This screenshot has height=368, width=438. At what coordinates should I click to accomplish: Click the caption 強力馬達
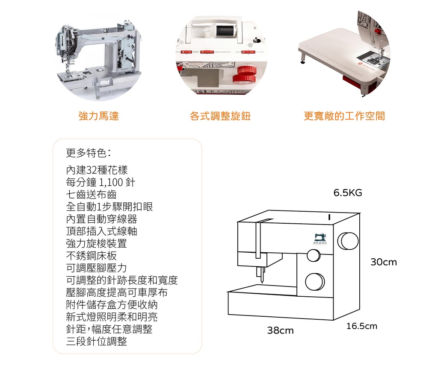(x=99, y=116)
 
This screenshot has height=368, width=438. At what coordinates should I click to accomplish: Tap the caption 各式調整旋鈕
(x=220, y=116)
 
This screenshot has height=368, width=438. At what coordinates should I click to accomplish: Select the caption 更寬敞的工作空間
(x=344, y=116)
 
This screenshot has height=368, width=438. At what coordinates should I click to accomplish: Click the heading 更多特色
(x=89, y=153)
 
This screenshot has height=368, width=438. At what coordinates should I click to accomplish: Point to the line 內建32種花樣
(x=97, y=170)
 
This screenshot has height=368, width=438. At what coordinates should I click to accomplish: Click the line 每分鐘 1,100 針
(x=101, y=182)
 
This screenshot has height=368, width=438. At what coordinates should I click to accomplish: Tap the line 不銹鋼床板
(x=92, y=256)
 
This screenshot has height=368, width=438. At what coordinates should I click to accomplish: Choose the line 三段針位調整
(x=97, y=342)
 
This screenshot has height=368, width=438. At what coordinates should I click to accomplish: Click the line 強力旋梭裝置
(x=97, y=244)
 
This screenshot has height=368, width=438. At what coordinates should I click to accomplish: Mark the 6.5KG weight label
(x=348, y=193)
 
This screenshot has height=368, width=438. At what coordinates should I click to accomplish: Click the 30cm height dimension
(x=383, y=262)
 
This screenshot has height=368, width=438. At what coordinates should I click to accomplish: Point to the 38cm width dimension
(x=280, y=330)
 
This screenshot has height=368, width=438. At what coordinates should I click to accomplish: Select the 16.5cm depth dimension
(x=362, y=326)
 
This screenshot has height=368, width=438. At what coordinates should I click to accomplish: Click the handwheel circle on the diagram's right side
(x=348, y=241)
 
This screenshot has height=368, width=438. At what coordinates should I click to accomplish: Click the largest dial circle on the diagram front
(x=315, y=281)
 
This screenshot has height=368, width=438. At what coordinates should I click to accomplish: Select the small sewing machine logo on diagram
(x=320, y=238)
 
